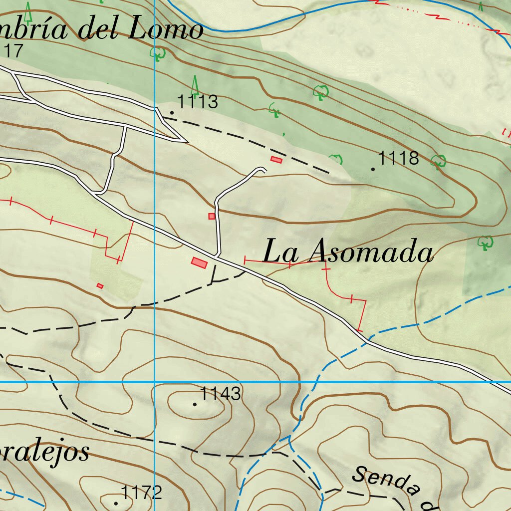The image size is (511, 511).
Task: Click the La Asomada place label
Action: click(348, 252)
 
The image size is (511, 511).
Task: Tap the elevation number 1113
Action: click(198, 102)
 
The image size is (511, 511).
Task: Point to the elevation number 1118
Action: click(398, 158)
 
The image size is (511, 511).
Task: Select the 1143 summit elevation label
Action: click(221, 394)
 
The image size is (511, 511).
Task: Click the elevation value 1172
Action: click(142, 493)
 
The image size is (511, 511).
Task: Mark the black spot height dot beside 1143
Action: click(195, 404)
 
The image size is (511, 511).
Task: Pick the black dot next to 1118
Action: click(373, 169)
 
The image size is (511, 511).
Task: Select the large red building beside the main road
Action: click(200, 262)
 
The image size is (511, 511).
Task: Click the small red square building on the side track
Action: click(212, 216)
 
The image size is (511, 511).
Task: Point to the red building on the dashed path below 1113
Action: click(276, 160)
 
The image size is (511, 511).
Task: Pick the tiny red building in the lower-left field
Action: click(100, 285)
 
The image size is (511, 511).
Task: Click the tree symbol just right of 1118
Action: click(438, 161)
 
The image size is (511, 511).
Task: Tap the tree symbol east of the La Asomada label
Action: click(485, 243)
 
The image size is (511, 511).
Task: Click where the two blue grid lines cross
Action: click(155, 382)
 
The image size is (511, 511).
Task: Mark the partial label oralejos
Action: click(45, 452)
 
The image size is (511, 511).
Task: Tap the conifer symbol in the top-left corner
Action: click(28, 12)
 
